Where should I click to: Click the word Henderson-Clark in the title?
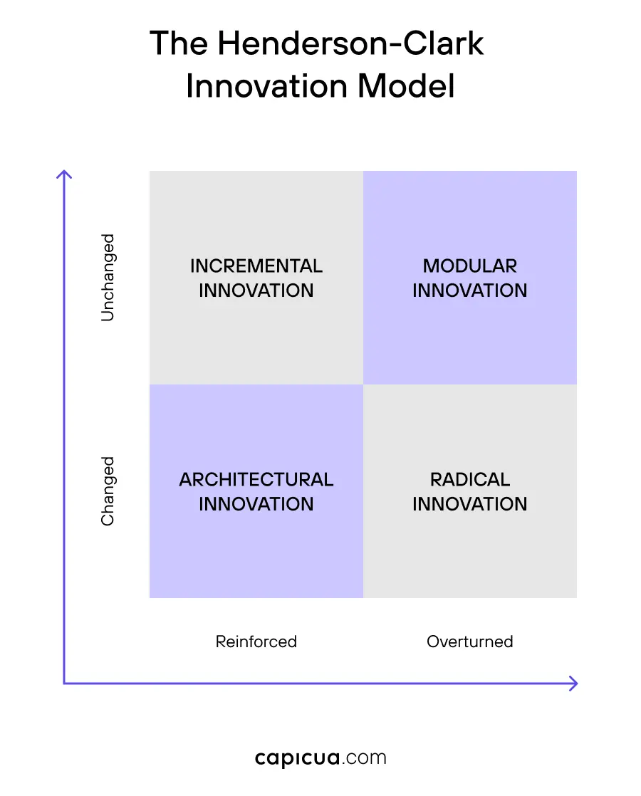pos(350,44)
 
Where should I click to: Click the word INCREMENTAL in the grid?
pos(256,266)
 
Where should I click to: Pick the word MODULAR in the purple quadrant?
pos(470,266)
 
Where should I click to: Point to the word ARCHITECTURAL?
pos(256,480)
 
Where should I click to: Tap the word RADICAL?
pos(470,480)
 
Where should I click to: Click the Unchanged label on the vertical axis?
pos(108,278)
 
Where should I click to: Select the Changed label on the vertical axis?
pos(108,491)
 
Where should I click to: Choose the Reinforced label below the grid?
pos(256,641)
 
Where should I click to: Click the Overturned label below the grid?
pos(470,641)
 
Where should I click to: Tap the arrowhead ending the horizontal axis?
pos(574,684)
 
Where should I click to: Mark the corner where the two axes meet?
pos(64,684)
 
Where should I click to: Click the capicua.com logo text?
pos(320,758)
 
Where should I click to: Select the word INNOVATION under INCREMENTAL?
pos(256,290)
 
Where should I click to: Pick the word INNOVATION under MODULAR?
pos(470,290)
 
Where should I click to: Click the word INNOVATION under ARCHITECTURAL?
pos(256,504)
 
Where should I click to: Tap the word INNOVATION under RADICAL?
pos(470,504)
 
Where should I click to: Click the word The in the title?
pos(179,44)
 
